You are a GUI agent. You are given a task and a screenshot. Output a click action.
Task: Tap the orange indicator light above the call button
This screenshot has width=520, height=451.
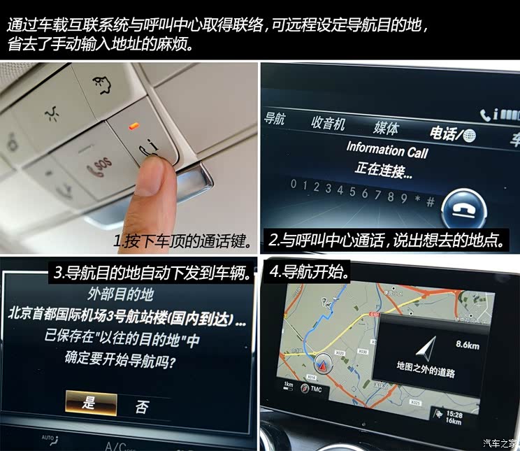tap(131, 127)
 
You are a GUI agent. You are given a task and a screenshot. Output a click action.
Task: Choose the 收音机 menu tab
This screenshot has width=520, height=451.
tap(328, 123)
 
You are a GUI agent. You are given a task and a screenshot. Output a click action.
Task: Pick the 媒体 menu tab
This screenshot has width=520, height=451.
tap(386, 127)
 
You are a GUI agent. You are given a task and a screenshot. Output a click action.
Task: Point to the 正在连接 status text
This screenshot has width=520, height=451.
tap(384, 169)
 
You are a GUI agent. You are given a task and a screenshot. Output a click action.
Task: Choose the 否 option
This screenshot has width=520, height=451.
tap(141, 406)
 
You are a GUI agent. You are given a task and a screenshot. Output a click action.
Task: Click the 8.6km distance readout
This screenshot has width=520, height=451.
tap(467, 344)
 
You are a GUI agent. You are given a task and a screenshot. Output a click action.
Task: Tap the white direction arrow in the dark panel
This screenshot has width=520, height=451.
tap(426, 347)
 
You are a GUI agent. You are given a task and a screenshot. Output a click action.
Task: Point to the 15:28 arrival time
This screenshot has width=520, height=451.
tap(454, 414)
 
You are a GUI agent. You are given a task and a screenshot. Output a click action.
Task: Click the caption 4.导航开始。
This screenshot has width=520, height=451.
tap(309, 270)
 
